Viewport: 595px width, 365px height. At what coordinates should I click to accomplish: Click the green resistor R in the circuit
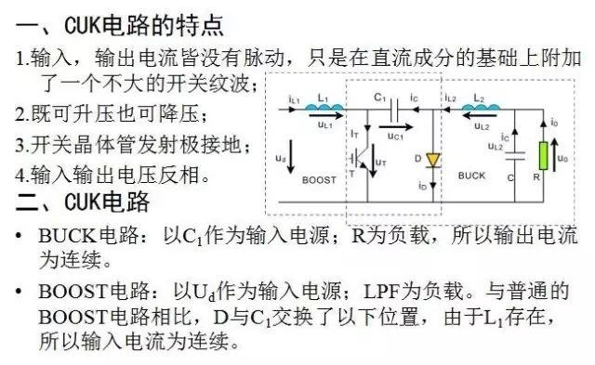coord(540,154)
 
